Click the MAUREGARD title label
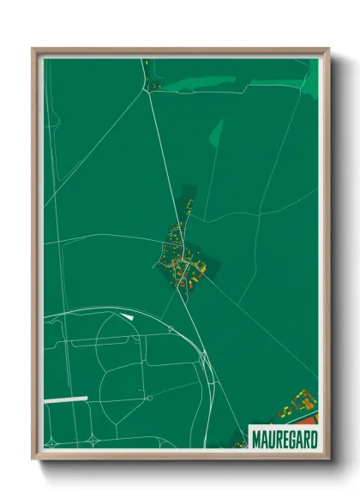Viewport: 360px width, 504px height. click(x=284, y=439)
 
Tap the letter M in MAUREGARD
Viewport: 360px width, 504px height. click(x=256, y=440)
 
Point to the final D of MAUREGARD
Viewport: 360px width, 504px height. click(x=313, y=440)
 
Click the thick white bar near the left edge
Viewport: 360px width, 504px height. click(x=66, y=399)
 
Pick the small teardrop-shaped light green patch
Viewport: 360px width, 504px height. click(x=215, y=133)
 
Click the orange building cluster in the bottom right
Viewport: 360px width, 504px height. click(x=302, y=403)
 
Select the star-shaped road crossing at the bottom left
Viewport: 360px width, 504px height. click(x=52, y=441)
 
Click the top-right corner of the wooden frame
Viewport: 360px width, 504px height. click(x=328, y=50)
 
